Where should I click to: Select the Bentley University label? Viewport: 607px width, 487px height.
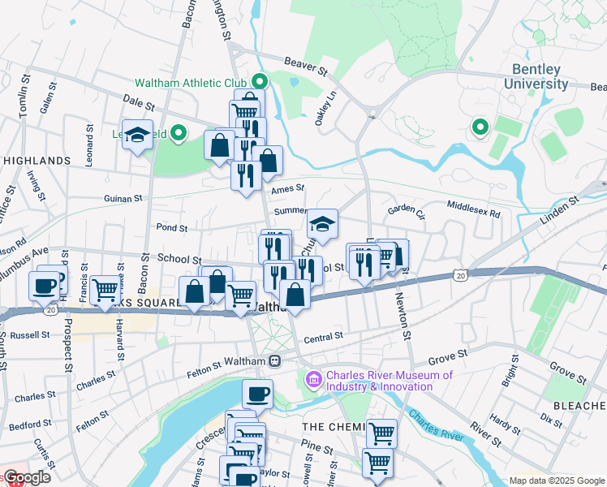point(536,77)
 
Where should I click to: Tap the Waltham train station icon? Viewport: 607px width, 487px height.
point(276,361)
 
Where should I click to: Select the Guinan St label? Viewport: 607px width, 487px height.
point(123,198)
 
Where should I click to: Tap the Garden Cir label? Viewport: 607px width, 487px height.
point(407,209)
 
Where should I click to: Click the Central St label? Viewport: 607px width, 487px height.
point(324,335)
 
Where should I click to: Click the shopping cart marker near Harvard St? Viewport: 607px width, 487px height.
point(105,289)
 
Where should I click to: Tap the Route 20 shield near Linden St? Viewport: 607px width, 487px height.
point(460,277)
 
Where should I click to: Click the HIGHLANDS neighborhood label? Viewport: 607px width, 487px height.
point(37,161)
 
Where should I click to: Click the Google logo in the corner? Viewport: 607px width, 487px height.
point(26,477)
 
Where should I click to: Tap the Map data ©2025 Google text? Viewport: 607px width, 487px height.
point(556,481)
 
